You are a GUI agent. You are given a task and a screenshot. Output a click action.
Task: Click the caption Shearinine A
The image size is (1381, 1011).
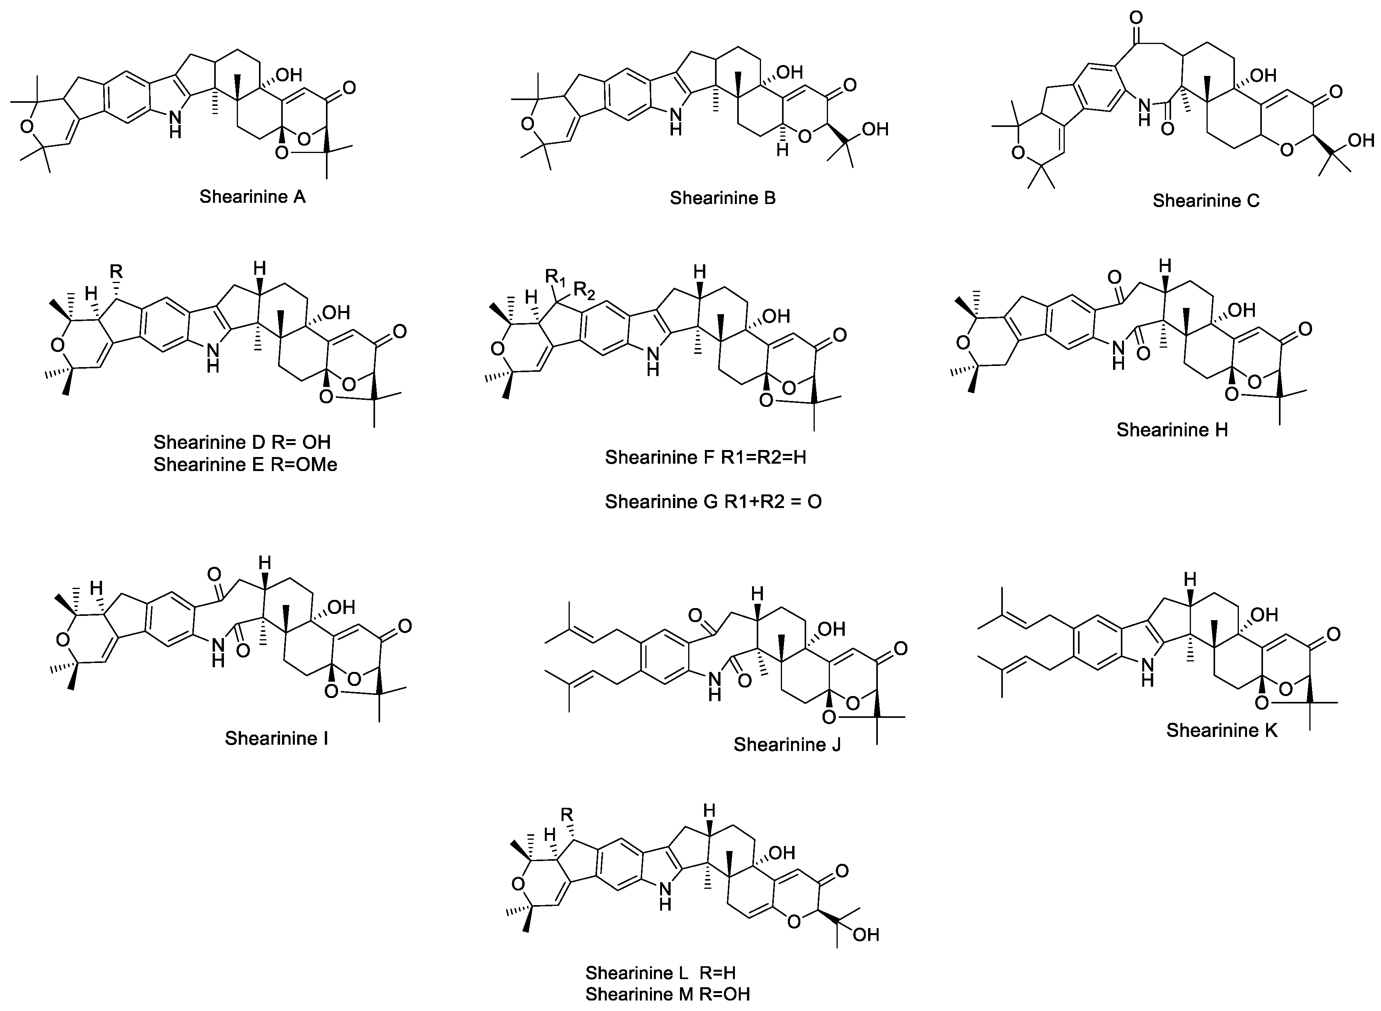(252, 197)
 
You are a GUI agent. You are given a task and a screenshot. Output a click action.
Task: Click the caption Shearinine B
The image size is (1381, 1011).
(722, 198)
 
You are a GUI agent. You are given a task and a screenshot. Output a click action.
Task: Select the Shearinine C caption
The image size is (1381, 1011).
(1206, 201)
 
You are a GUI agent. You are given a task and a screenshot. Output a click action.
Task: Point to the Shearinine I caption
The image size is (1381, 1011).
(276, 738)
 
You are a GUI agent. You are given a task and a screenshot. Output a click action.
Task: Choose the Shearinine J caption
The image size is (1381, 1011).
(787, 745)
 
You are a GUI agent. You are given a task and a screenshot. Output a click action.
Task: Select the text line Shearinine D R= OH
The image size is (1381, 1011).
(242, 442)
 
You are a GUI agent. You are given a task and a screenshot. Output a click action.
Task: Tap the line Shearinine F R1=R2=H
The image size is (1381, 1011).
(705, 458)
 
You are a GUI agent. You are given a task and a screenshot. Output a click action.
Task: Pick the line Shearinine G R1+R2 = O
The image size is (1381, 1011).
(713, 502)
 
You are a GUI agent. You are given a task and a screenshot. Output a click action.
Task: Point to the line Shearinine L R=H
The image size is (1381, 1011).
(660, 973)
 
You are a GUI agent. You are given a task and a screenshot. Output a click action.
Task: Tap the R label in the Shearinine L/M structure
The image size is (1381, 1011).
(567, 814)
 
